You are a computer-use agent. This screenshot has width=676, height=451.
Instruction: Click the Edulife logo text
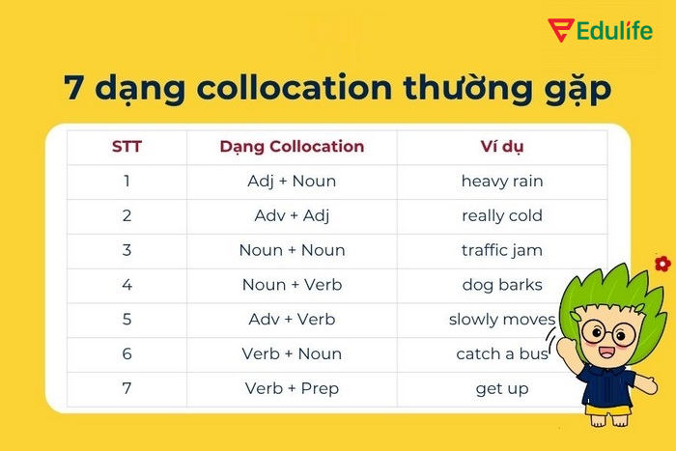tap(613, 29)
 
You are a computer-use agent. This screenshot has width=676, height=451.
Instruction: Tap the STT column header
tap(127, 147)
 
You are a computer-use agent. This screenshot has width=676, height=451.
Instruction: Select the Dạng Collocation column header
tap(292, 147)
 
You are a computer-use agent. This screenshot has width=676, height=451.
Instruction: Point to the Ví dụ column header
tap(502, 147)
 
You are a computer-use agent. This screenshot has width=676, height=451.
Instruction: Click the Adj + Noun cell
tap(292, 181)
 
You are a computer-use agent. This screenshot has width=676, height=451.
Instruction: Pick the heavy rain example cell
tap(502, 181)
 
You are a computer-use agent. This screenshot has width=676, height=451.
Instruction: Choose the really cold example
tap(502, 215)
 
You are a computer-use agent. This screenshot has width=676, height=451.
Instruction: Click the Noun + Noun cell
tap(292, 250)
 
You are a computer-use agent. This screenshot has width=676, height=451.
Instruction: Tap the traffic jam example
tap(502, 250)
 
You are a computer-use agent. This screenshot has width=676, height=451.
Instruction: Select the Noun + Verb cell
tap(292, 285)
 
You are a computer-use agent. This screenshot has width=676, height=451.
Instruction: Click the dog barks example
tap(502, 285)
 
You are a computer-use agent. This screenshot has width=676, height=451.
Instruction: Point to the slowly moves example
tap(502, 320)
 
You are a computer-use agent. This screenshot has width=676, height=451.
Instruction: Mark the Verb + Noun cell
tap(292, 354)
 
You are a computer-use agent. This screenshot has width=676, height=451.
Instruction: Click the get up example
tap(502, 389)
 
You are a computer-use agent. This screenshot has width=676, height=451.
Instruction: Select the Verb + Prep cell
tap(292, 389)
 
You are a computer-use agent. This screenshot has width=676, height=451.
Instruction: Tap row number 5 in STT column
tap(127, 320)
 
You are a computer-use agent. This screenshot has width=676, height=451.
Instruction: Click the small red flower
tap(662, 263)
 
